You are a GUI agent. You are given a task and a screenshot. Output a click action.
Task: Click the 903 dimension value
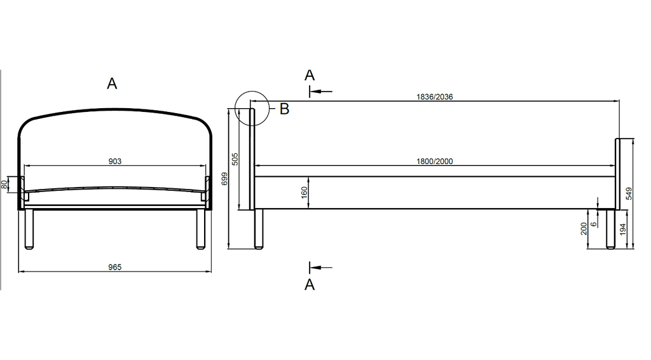114,161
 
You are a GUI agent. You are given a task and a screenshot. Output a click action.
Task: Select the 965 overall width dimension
114,267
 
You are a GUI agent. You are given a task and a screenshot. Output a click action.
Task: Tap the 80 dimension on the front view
4,184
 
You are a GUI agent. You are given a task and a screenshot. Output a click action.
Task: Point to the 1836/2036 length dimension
435,97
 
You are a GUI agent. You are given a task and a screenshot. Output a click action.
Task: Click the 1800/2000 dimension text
435,161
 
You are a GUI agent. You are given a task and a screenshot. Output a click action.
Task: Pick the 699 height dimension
224,179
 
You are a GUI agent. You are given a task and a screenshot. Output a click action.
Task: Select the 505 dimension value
235,159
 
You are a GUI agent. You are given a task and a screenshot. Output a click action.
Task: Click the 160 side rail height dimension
305,192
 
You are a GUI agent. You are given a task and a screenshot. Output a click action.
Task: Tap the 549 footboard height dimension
629,193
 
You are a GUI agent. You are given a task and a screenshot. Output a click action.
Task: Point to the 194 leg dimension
623,230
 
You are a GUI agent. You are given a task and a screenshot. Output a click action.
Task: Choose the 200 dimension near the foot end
584,229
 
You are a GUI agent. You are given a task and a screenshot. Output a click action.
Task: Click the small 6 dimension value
594,224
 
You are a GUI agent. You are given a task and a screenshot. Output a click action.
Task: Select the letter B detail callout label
284,109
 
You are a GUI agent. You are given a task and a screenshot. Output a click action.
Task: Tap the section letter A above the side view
310,75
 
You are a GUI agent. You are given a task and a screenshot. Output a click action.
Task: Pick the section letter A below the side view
310,284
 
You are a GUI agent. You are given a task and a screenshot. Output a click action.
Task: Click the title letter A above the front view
112,83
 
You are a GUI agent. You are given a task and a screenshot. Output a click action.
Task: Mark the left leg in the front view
29,229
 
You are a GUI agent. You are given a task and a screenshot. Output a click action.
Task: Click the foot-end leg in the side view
610,229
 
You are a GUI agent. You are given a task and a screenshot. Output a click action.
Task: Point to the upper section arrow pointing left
320,92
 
